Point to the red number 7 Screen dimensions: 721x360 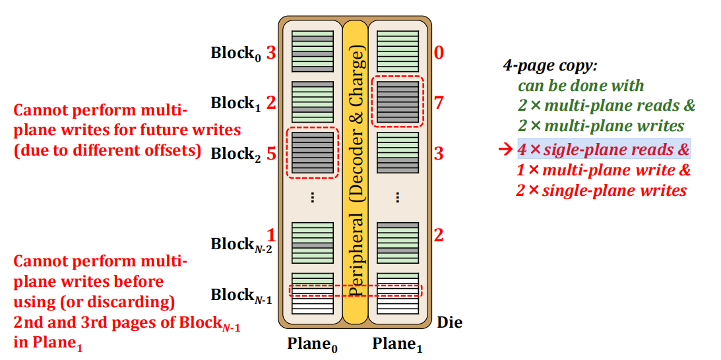(x=439, y=103)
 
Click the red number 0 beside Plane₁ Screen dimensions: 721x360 (x=439, y=53)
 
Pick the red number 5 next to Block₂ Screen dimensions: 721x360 (x=271, y=153)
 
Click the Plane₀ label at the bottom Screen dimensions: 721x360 (x=312, y=344)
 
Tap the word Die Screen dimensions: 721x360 (x=450, y=323)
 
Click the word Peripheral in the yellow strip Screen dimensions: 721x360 (x=356, y=257)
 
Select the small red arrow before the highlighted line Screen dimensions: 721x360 (x=508, y=149)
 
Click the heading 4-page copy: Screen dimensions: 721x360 (x=550, y=66)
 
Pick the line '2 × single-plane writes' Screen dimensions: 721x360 (x=600, y=191)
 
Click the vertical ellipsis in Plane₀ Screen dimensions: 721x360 (x=312, y=197)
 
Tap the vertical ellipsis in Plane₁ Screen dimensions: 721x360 (x=398, y=197)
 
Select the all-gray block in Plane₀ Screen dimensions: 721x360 (x=312, y=153)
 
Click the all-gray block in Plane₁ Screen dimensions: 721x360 (x=398, y=102)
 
